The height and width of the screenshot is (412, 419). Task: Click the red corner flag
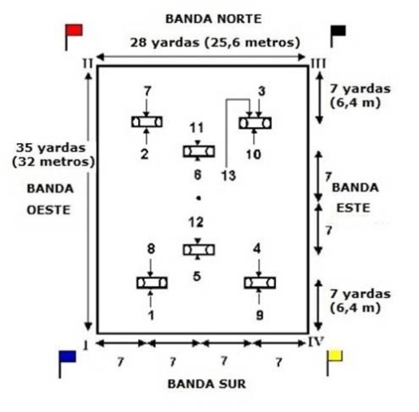73,31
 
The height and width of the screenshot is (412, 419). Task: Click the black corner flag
338,31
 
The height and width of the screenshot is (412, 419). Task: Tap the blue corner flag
67,358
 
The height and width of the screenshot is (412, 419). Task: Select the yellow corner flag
335,357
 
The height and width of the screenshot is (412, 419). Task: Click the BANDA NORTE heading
213,19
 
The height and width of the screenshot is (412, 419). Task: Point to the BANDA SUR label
207,384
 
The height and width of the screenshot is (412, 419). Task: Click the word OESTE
49,210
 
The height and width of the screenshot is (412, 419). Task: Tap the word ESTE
353,208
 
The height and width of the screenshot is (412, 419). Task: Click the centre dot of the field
198,198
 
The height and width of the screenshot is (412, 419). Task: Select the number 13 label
228,175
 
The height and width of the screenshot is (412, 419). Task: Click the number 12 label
196,222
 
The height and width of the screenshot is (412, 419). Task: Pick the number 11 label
197,128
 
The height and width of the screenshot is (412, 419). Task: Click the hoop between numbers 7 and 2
146,122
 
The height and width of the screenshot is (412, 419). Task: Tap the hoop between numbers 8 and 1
152,283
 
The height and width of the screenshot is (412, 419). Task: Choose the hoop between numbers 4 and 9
260,283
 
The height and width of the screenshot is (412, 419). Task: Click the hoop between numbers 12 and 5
198,250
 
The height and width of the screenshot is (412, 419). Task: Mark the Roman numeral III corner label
319,64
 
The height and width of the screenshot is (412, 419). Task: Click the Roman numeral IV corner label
316,342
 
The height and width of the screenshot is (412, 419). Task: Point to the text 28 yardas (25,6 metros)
215,43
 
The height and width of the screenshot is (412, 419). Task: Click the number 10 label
254,155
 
